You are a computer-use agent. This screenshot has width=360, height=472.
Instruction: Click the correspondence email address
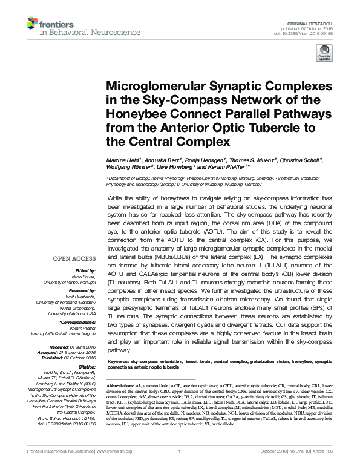click(x=67, y=336)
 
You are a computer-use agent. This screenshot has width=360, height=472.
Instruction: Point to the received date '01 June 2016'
click(x=83, y=347)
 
